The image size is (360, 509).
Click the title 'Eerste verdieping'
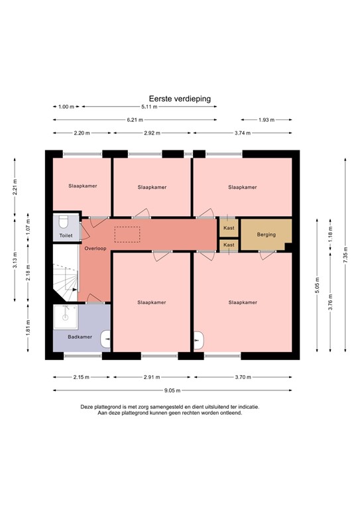[x=180, y=98]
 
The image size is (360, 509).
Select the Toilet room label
[x=66, y=235]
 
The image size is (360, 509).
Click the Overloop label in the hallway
[x=95, y=248]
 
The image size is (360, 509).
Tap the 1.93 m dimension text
[x=265, y=120]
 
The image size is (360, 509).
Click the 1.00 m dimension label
[x=66, y=107]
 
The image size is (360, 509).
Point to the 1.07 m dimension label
[x=27, y=225]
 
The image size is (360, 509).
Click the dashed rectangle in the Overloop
[x=127, y=235]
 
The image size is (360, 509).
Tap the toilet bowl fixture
[x=64, y=221]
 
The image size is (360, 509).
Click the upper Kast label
[x=229, y=228]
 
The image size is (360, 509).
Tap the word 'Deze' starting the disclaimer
[x=88, y=406]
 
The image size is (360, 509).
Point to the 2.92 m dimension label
[x=152, y=133]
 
